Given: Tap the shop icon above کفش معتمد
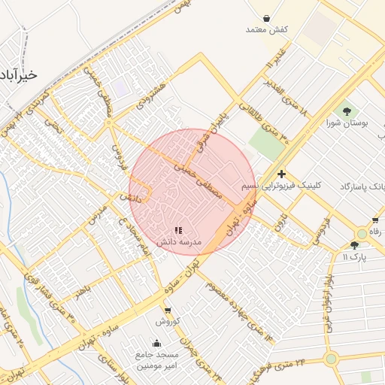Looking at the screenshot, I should coord(268,17).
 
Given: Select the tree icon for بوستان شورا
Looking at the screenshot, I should coord(346,111).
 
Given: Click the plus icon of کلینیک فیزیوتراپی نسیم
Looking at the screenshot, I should coord(281,174).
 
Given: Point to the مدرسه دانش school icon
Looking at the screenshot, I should coord(178,232).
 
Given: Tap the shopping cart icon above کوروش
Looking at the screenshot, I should coord(167,310).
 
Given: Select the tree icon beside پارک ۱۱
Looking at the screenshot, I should coord(354,245).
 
